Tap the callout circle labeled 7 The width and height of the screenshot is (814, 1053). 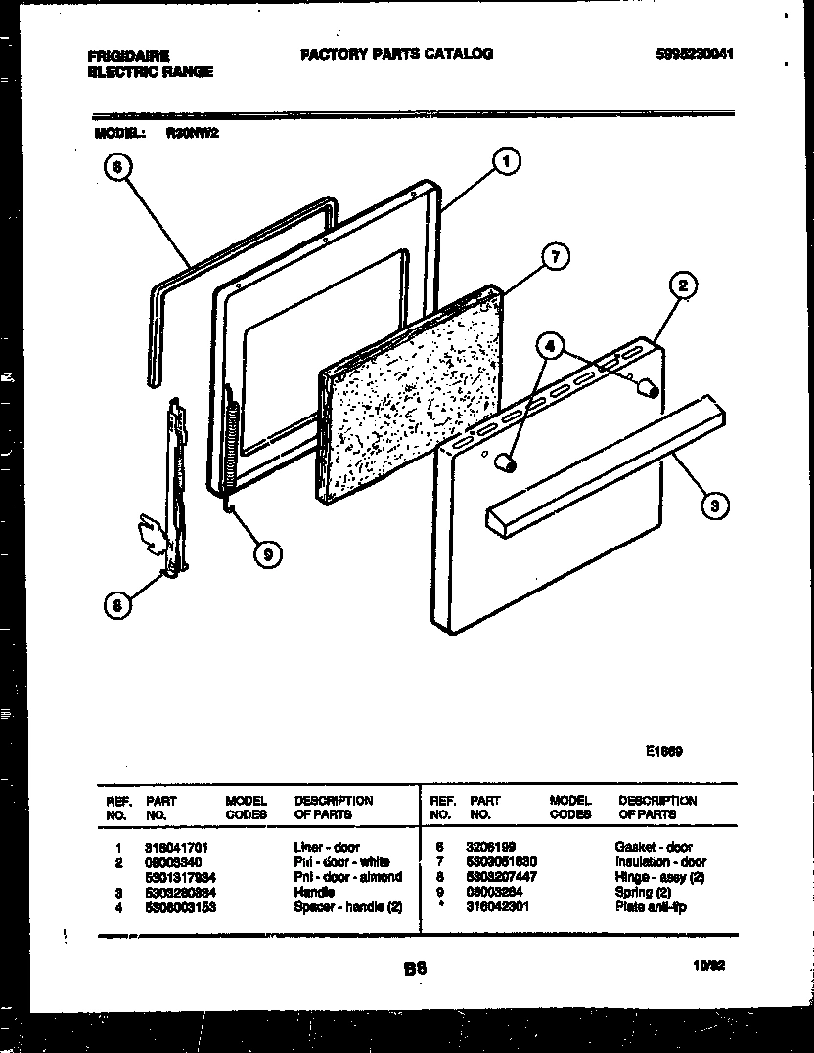coord(554,258)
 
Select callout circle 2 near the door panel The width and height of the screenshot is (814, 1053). coord(683,286)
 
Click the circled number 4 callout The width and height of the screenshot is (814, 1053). coord(551,345)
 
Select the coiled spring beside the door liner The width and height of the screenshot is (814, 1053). coord(230,440)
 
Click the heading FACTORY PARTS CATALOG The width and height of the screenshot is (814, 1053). coord(396,54)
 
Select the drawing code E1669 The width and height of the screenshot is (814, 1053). coord(663,752)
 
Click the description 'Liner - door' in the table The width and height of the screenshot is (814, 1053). coord(326,847)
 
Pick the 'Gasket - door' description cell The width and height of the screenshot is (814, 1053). coord(653,847)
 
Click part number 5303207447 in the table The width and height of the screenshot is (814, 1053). coord(503,877)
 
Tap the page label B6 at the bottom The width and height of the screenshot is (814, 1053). coord(414,969)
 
